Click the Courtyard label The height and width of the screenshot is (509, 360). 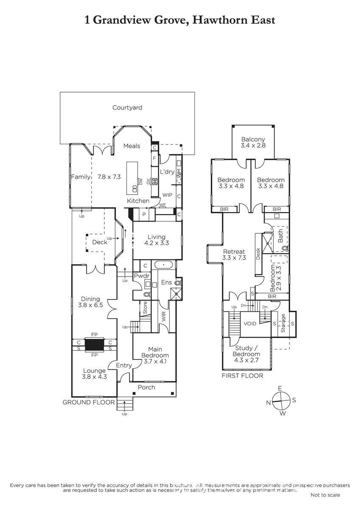(x=127, y=107)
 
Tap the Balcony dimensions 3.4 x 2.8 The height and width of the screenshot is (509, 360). (x=253, y=145)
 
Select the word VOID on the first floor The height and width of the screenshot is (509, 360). (x=250, y=324)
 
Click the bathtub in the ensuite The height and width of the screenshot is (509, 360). (x=163, y=265)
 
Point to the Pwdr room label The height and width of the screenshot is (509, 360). (x=142, y=276)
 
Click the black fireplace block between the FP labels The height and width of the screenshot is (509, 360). (x=94, y=345)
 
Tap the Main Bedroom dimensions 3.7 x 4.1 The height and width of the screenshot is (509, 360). (x=155, y=361)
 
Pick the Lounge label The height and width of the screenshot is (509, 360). (x=94, y=371)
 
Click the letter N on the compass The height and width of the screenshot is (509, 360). (x=269, y=403)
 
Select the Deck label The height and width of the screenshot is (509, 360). (x=100, y=242)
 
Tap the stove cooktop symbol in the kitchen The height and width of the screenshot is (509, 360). (x=155, y=182)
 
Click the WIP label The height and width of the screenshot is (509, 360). (x=167, y=195)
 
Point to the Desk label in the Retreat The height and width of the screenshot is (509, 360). (x=258, y=254)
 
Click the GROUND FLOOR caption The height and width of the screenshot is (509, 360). (x=88, y=402)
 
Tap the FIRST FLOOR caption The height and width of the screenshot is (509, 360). (x=242, y=376)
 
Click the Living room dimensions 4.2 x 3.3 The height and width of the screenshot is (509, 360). (x=157, y=243)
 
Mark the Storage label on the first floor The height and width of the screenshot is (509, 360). (x=283, y=323)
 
